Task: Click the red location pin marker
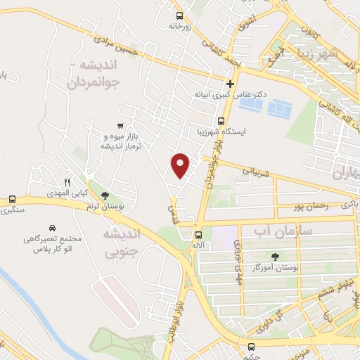pyautogui.click(x=181, y=165)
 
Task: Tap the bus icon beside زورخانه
pyautogui.click(x=180, y=15)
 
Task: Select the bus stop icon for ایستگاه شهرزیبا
pyautogui.click(x=221, y=120)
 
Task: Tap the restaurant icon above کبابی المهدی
pyautogui.click(x=67, y=181)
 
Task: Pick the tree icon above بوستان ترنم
pyautogui.click(x=105, y=195)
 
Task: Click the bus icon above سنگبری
pyautogui.click(x=12, y=199)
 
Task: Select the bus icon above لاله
pyautogui.click(x=199, y=235)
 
